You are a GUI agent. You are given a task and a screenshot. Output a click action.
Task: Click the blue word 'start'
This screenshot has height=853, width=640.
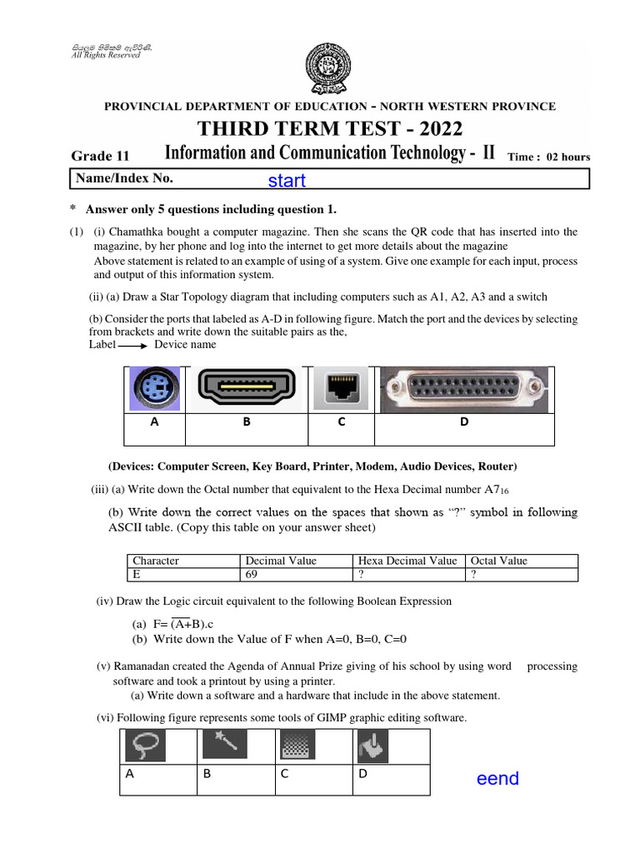tap(287, 181)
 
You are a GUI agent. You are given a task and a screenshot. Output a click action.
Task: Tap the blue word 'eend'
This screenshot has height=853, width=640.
tap(497, 778)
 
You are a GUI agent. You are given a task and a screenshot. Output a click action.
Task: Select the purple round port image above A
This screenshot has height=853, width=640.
tap(154, 390)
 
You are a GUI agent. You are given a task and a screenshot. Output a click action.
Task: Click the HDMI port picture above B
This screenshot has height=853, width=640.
tap(246, 389)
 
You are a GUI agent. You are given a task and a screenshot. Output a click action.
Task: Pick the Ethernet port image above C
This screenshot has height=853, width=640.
tap(341, 390)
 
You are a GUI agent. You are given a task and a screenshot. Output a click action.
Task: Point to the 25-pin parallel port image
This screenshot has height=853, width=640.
tap(463, 389)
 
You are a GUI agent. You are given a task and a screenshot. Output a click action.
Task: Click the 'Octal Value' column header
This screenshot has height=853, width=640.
tap(499, 561)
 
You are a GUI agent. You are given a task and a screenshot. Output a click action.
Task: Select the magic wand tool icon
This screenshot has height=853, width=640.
tap(224, 743)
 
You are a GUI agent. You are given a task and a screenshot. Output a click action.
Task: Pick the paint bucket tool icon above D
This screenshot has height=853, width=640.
tap(369, 746)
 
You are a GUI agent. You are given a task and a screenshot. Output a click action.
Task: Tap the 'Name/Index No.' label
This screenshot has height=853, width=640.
tap(125, 177)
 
